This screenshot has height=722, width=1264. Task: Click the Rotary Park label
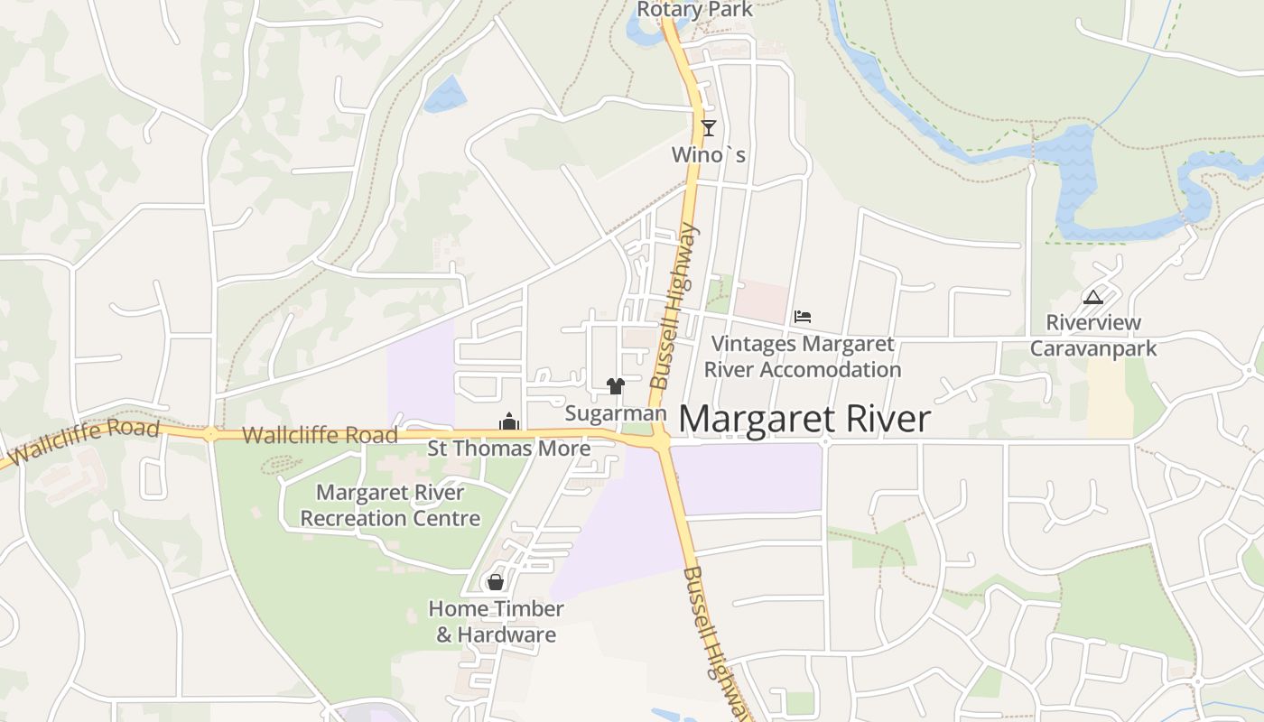click(694, 10)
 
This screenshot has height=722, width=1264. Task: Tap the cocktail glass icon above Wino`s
click(709, 128)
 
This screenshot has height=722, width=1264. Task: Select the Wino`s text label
click(709, 155)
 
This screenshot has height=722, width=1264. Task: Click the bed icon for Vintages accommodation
click(803, 317)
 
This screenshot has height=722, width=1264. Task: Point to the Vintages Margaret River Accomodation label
click(802, 356)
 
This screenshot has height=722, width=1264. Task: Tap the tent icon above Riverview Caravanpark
click(1092, 297)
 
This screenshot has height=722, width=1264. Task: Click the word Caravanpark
click(1092, 348)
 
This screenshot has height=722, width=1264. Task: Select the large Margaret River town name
click(804, 420)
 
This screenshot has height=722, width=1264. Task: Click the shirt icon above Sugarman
click(616, 387)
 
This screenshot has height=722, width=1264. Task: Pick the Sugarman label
click(616, 413)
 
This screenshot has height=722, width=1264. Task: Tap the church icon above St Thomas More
click(509, 421)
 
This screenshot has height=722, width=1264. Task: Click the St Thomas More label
click(509, 449)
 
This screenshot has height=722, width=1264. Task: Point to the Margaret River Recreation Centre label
click(390, 505)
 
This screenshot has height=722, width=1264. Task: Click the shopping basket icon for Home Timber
click(495, 582)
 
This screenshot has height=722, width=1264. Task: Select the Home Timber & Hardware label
click(497, 622)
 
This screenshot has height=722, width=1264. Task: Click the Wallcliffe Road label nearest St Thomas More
click(320, 435)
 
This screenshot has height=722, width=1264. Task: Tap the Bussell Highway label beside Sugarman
click(674, 307)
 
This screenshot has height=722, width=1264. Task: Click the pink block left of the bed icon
click(760, 300)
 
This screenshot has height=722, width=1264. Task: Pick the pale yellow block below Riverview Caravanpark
click(1110, 398)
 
